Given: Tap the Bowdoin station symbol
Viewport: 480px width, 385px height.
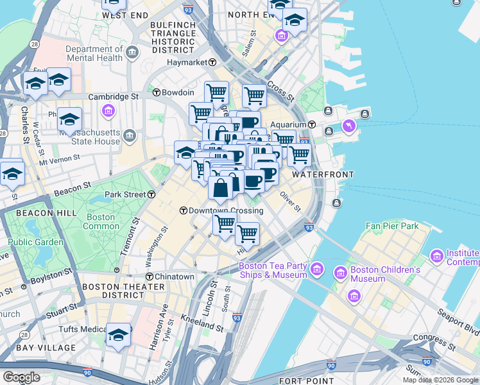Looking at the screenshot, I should coord(156,92).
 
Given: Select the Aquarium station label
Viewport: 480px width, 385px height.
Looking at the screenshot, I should coord(287,124).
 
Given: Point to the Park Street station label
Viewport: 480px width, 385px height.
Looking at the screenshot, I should coord(126,194).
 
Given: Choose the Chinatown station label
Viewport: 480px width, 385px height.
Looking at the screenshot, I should coord(174,277).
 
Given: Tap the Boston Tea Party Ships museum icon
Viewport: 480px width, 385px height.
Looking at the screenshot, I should coord(316,268).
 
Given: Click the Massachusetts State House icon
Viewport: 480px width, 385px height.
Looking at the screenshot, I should coord(130,135).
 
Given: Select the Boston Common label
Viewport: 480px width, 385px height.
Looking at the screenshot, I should coord(101,221).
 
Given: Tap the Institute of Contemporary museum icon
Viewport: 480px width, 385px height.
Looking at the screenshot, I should coord(437,257).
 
